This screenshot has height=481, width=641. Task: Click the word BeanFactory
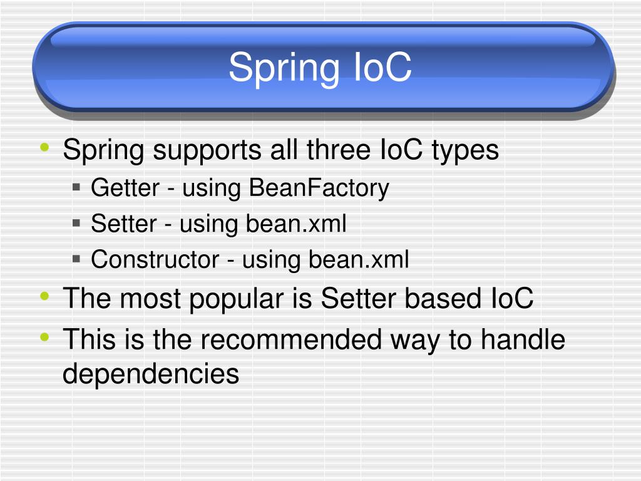319,188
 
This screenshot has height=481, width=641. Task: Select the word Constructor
155,259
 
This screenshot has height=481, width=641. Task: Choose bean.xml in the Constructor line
358,259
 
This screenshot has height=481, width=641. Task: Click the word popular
237,300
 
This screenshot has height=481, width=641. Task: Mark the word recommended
291,340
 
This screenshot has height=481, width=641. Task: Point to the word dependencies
151,375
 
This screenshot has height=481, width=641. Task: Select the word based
443,299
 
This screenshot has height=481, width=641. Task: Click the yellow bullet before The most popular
44,297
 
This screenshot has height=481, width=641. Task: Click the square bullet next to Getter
76,187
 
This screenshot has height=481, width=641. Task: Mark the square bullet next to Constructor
76,258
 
